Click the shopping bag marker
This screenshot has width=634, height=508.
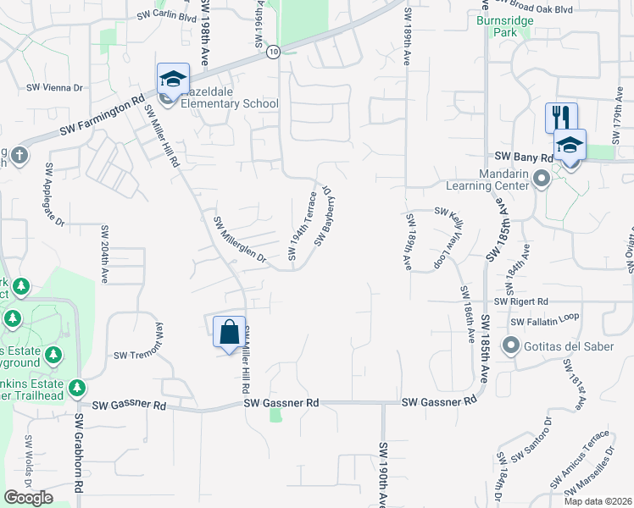[229, 330]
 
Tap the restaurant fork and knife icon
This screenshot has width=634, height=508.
[561, 117]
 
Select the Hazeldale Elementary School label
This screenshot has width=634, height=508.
[225, 103]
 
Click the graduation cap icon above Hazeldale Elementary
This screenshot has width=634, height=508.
[173, 80]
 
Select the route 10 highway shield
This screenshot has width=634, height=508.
[272, 52]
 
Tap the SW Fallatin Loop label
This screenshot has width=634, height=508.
[543, 322]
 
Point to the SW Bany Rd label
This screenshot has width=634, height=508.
[523, 157]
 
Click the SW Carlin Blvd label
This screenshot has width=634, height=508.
[166, 17]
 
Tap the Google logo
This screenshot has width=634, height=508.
[29, 498]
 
